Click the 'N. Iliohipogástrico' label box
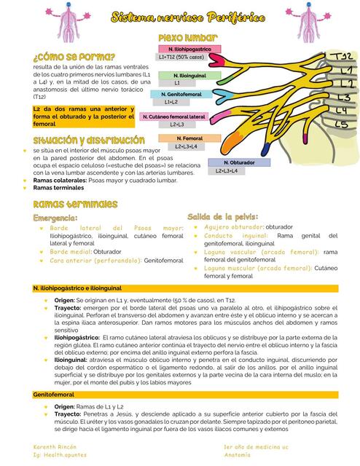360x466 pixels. tap(190, 48)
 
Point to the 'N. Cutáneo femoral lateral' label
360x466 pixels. tap(173, 116)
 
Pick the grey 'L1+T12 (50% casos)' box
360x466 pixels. tap(180, 56)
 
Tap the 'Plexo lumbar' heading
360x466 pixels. tap(187, 37)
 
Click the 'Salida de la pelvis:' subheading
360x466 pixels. tap(222, 217)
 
